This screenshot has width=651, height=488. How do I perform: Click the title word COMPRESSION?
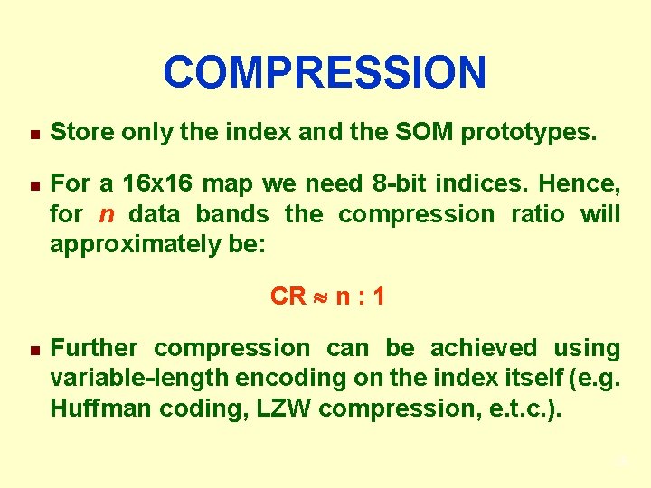tap(325, 73)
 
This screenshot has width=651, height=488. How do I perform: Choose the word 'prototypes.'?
tap(529, 134)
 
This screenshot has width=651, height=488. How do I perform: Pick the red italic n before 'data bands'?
tap(107, 215)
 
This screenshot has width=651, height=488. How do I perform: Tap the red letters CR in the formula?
tap(288, 296)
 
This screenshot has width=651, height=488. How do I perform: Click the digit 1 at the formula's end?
tap(378, 296)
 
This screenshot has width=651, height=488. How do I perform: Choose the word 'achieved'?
tap(483, 348)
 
